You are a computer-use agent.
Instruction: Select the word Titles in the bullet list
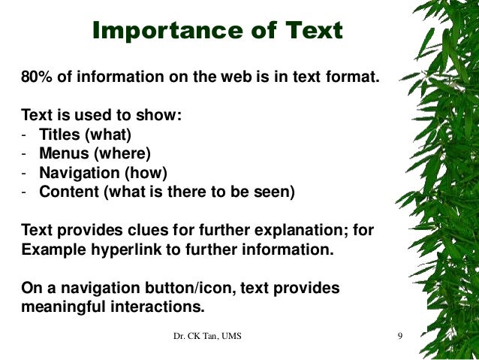[59, 135]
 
